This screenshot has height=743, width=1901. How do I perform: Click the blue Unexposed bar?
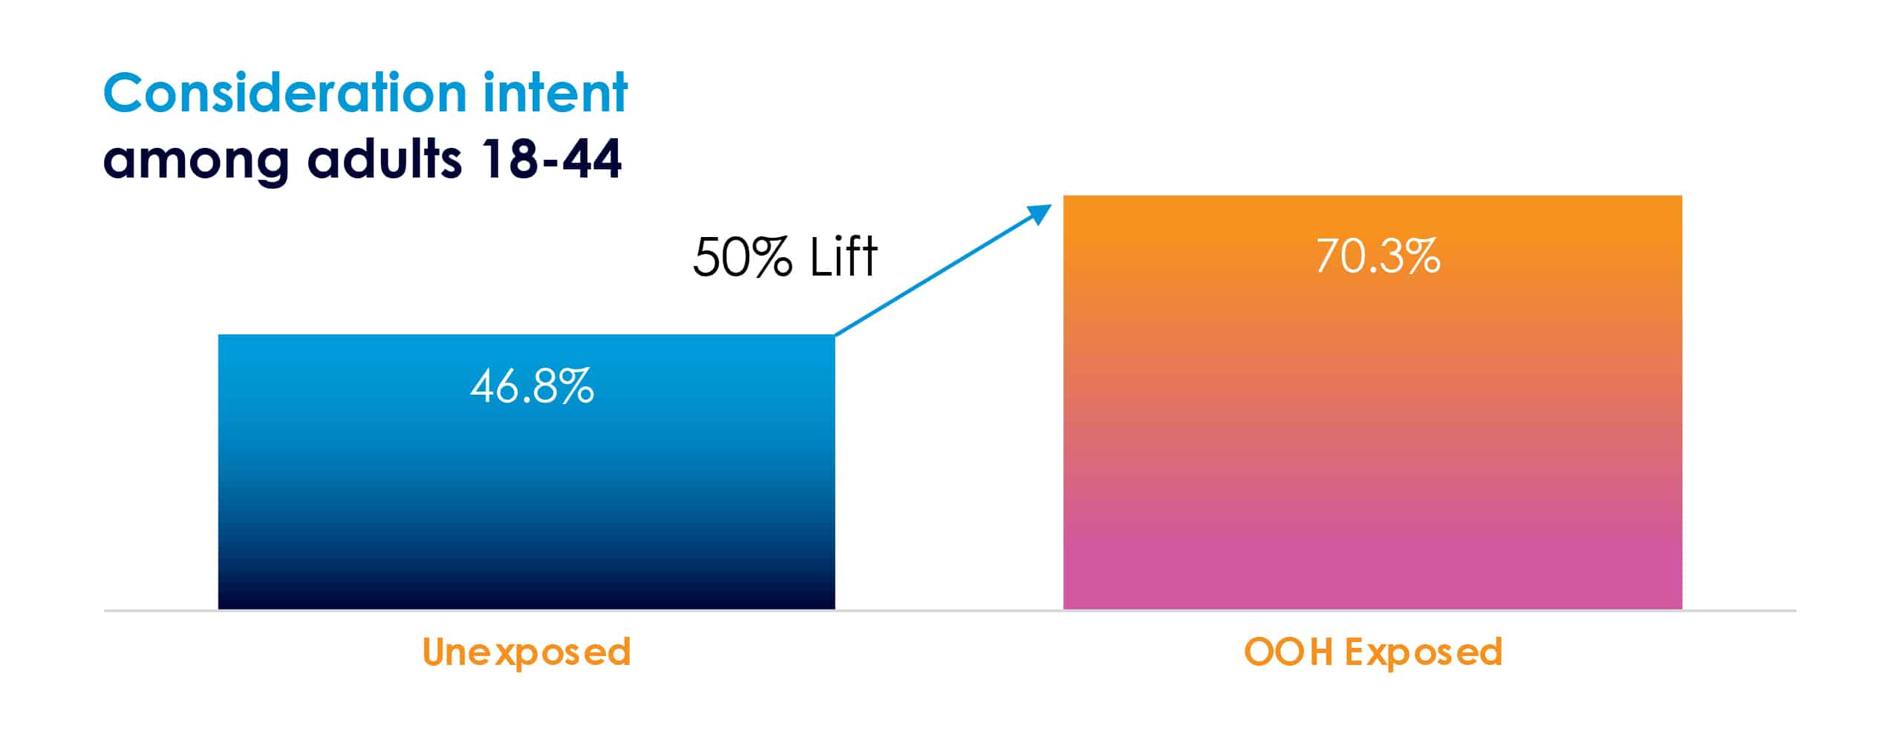coord(526,472)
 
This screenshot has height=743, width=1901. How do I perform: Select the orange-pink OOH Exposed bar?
coord(1372,402)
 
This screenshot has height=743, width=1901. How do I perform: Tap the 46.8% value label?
coord(532,386)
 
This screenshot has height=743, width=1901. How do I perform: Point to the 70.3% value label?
coord(1378,256)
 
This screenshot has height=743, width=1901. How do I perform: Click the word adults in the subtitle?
coord(385,158)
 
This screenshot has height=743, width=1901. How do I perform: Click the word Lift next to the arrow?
coord(844,256)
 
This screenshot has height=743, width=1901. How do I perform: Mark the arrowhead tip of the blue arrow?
coord(1052,204)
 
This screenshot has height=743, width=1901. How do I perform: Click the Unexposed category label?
coord(526,653)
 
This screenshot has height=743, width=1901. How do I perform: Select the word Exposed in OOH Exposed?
coord(1424,653)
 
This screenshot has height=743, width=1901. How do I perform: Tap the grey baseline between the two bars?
coord(949,611)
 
